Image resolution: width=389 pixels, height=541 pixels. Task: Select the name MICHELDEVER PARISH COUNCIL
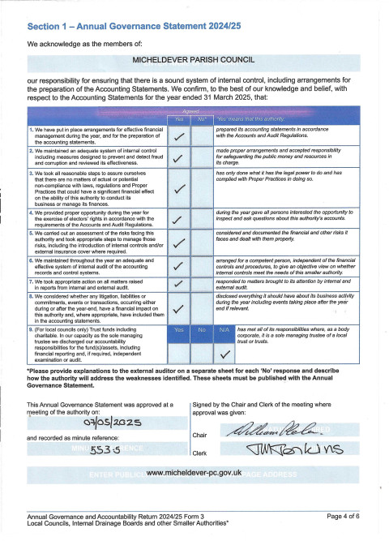click(x=194, y=59)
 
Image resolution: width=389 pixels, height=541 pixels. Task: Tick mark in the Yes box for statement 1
click(x=178, y=135)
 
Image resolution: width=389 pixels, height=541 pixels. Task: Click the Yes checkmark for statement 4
click(x=178, y=219)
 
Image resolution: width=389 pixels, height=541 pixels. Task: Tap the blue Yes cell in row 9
click(x=178, y=331)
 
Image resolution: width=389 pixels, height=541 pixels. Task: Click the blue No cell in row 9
click(x=202, y=331)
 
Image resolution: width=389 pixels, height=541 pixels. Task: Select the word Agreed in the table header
click(x=190, y=112)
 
